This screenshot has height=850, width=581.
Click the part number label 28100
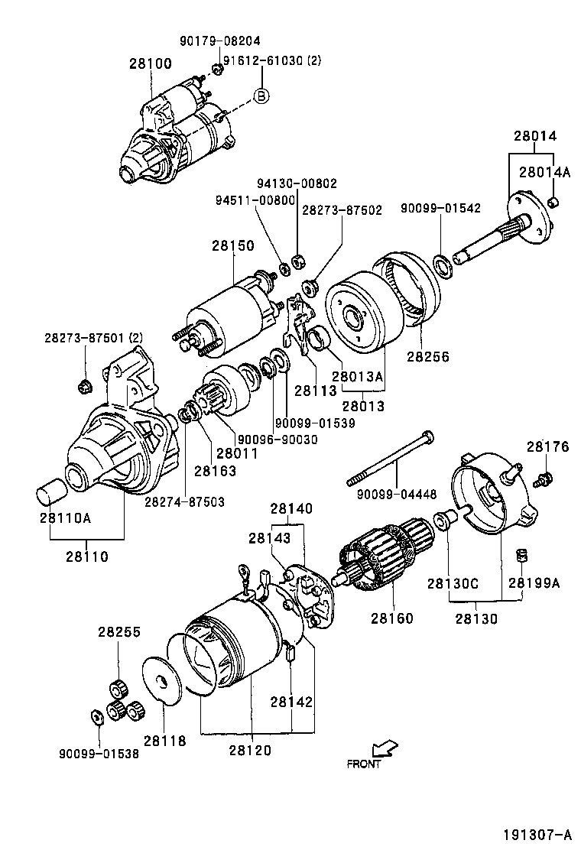(150, 63)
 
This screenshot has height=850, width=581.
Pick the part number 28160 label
(391, 618)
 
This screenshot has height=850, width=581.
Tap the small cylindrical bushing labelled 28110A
(52, 492)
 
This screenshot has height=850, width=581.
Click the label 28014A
(545, 172)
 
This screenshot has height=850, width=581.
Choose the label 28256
(427, 356)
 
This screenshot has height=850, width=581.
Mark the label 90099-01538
(99, 752)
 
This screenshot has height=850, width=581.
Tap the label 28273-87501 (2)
(93, 337)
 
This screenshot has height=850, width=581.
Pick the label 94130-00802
(296, 183)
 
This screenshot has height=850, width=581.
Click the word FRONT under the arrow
(363, 763)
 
